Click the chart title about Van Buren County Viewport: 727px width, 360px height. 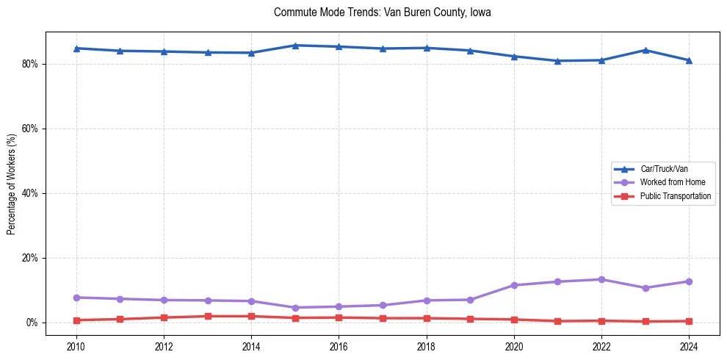pyautogui.click(x=382, y=13)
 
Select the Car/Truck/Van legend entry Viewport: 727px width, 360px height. pyautogui.click(x=664, y=169)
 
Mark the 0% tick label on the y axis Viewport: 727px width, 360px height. pyautogui.click(x=32, y=323)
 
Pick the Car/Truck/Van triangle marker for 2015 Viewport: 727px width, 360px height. pyautogui.click(x=294, y=46)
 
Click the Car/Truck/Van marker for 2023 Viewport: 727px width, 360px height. pyautogui.click(x=645, y=50)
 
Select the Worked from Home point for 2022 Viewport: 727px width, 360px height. pyautogui.click(x=601, y=279)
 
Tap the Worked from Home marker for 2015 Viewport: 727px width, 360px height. pyautogui.click(x=294, y=308)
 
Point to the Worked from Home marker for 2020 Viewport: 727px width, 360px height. pyautogui.click(x=514, y=285)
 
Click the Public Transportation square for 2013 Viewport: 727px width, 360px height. pyautogui.click(x=208, y=316)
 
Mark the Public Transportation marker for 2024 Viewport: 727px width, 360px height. pyautogui.click(x=689, y=321)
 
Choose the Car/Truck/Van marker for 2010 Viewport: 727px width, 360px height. pyautogui.click(x=76, y=48)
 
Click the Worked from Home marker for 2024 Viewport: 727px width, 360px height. pyautogui.click(x=689, y=281)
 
